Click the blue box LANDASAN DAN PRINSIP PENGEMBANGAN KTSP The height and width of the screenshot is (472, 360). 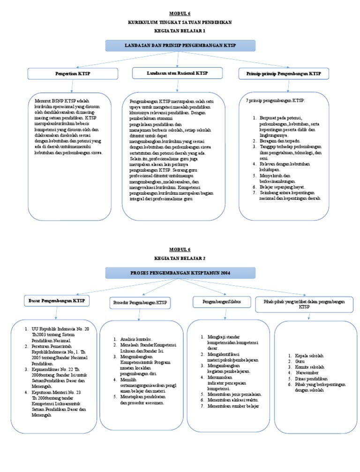pos(180,46)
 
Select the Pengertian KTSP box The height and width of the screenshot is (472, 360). pos(72,74)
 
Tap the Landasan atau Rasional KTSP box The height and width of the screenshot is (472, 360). pos(178,73)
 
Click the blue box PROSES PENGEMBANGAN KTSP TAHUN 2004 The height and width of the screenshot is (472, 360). pos(180,273)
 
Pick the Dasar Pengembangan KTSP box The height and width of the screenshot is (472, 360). pos(56,300)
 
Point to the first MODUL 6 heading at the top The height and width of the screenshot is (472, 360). pos(180,14)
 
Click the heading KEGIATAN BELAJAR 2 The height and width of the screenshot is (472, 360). pos(180,258)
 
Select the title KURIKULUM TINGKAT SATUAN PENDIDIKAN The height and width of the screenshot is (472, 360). pos(180,23)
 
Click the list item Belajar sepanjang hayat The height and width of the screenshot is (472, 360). pos(280,186)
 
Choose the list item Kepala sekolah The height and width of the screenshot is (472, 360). pos(309,356)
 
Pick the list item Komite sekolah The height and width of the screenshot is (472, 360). pos(309,367)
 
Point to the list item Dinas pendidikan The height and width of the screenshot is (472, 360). pos(311,378)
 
